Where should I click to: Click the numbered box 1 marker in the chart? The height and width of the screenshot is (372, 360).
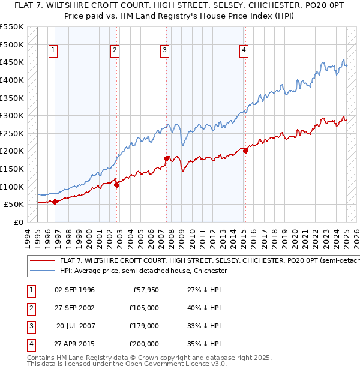(x=54, y=50)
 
